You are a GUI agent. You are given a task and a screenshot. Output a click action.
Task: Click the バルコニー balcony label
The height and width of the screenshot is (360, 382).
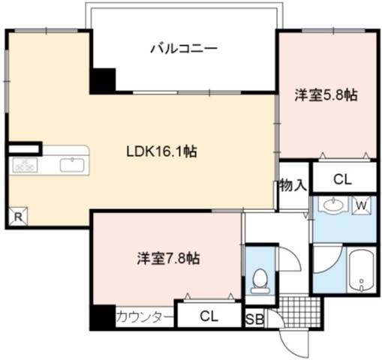pyautogui.click(x=184, y=48)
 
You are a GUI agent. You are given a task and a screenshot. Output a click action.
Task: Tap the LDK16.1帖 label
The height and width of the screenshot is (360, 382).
pyautogui.click(x=161, y=151)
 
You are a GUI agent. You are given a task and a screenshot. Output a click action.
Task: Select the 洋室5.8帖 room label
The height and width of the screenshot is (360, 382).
pyautogui.click(x=326, y=95)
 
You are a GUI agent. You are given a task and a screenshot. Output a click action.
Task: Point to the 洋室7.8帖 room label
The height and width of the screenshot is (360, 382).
pyautogui.click(x=168, y=259)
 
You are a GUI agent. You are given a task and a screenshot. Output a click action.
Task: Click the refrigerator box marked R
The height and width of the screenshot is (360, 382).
pyautogui.click(x=18, y=217)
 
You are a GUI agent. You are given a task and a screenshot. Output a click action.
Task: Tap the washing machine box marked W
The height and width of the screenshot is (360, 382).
pyautogui.click(x=361, y=205)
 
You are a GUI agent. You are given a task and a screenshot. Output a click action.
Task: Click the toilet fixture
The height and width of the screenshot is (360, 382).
pyautogui.click(x=260, y=281)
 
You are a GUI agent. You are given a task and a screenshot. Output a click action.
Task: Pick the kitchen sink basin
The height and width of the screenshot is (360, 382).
pyautogui.click(x=72, y=165)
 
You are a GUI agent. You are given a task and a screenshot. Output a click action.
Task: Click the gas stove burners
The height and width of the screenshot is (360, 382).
pyautogui.click(x=25, y=165)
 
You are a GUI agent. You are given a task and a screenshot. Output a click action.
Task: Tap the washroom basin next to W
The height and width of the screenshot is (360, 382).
pyautogui.click(x=333, y=205)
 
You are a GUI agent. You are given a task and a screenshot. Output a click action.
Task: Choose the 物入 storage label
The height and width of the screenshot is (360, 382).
pyautogui.click(x=293, y=185)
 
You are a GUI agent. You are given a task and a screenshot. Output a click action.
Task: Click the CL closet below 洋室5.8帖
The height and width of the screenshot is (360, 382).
pyautogui.click(x=343, y=179)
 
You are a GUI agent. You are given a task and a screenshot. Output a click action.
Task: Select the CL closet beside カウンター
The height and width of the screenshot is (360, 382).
pyautogui.click(x=209, y=316)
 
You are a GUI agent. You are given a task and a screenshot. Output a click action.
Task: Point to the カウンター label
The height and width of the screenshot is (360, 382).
pyautogui.click(x=145, y=317)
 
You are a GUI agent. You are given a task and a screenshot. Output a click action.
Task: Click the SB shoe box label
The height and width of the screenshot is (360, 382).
pyautogui.click(x=254, y=319)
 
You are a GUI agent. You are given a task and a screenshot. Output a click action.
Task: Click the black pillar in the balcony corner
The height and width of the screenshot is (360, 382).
pyautogui.click(x=103, y=81)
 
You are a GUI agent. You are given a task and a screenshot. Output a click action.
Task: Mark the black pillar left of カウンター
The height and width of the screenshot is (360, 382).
pyautogui.click(x=103, y=317)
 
